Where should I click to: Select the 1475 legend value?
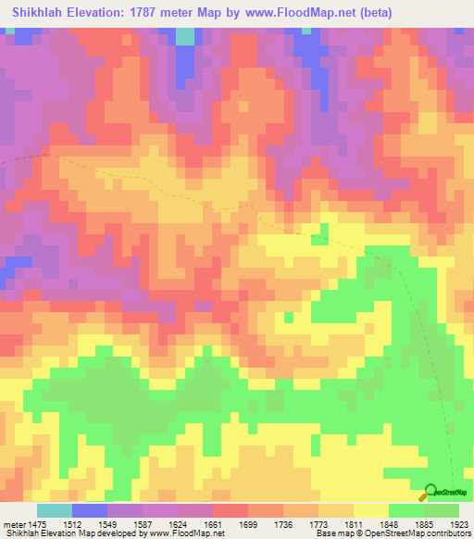(44, 523)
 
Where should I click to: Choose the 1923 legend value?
(461, 523)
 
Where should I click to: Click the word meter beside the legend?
(16, 523)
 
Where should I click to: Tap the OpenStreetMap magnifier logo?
(430, 492)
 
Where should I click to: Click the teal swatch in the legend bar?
(54, 510)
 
